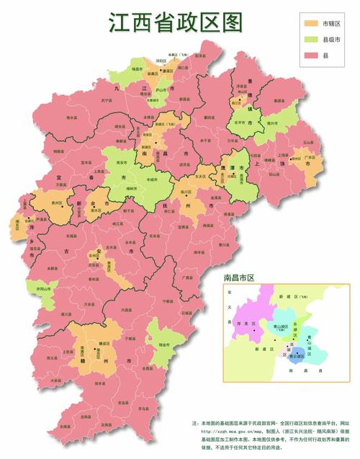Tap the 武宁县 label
point(107,100)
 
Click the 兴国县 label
point(127,309)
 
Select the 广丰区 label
point(311,156)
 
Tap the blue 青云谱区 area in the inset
point(296,353)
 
